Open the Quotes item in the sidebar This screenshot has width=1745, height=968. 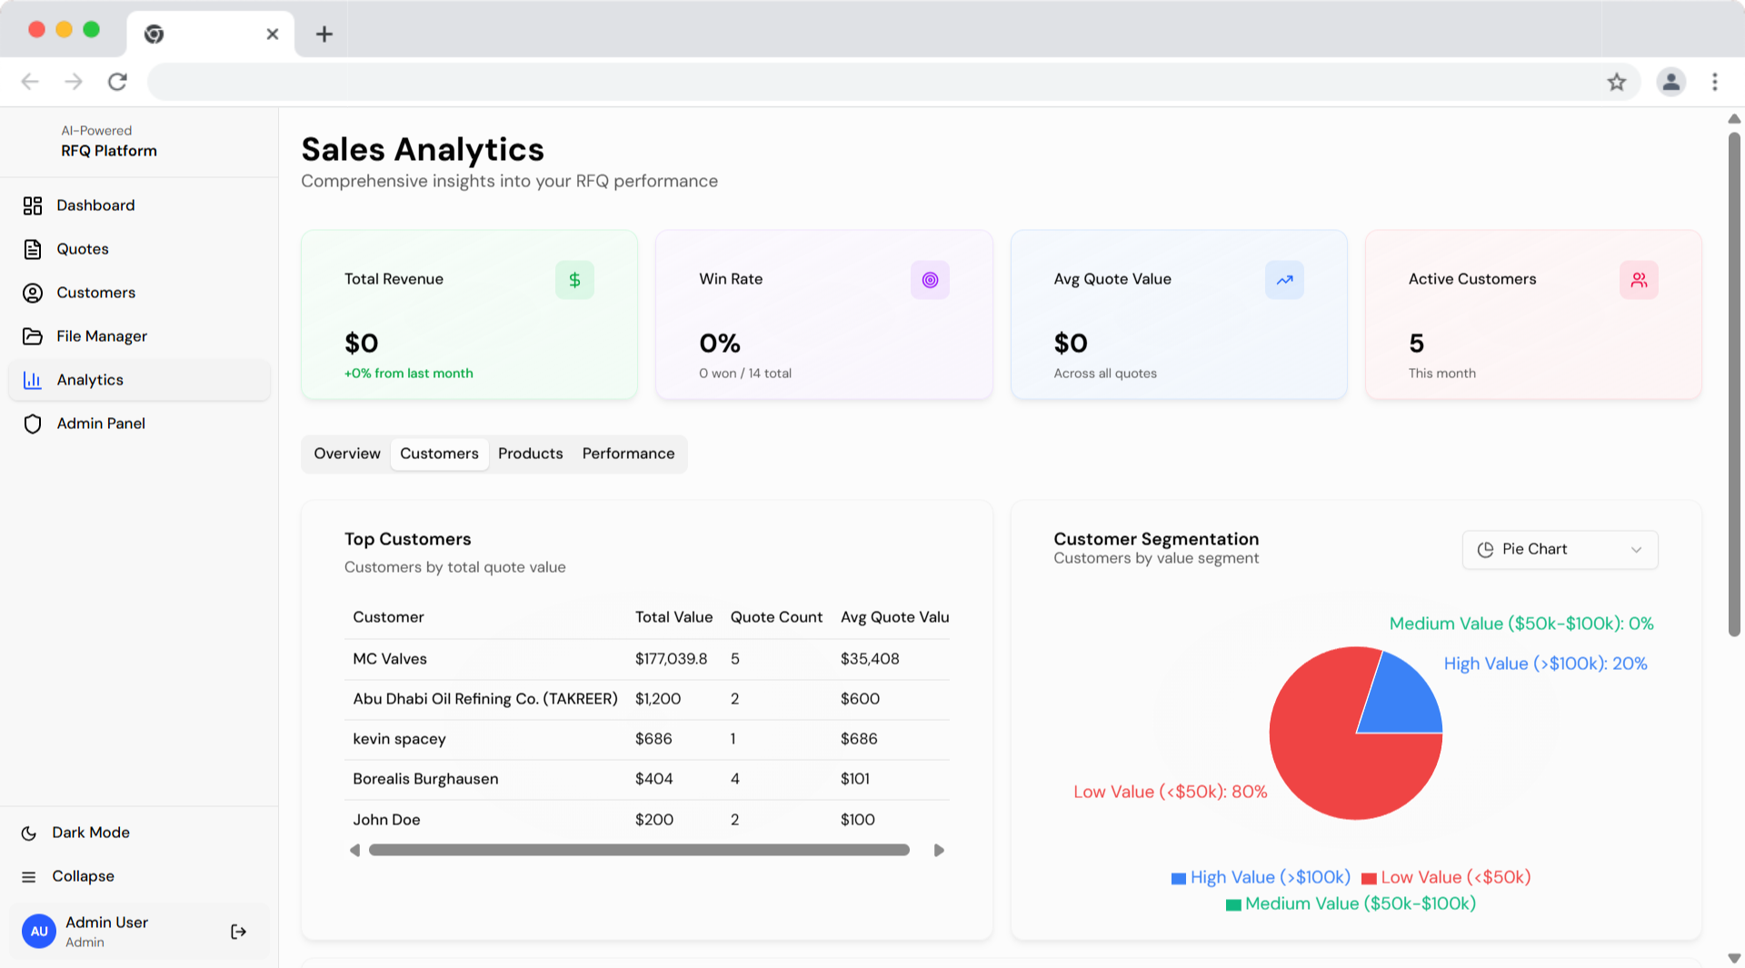(82, 249)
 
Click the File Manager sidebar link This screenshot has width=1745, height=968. (101, 336)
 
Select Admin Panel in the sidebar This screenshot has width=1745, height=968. (100, 424)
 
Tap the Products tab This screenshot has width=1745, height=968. (530, 454)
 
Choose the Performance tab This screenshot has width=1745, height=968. (628, 454)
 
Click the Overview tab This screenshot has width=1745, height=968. (347, 454)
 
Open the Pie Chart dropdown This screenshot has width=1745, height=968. (1560, 550)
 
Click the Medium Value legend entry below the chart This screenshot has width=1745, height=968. (1351, 903)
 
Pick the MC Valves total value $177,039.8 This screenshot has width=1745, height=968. (671, 659)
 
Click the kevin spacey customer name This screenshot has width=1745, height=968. (399, 739)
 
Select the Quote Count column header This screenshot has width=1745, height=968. (776, 617)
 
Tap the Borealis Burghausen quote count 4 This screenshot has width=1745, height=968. (734, 779)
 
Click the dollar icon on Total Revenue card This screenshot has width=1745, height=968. (574, 280)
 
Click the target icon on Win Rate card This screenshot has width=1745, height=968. (930, 280)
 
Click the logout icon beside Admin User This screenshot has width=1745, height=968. (238, 932)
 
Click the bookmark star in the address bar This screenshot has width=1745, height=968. (1617, 82)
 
